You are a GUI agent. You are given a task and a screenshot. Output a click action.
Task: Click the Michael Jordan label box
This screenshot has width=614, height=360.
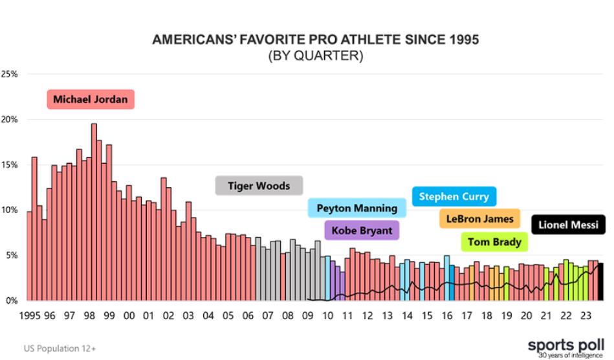point(91,100)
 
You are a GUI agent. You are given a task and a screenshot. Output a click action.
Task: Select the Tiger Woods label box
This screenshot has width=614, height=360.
point(259,186)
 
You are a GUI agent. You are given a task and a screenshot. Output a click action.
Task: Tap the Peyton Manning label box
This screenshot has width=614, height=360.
point(356,208)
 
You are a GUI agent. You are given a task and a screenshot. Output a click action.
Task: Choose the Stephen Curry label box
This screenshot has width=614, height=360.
point(454,196)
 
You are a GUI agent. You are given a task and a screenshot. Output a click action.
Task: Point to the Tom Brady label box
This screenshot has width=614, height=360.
point(494,242)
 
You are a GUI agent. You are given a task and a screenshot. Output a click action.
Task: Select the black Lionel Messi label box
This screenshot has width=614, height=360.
point(568,225)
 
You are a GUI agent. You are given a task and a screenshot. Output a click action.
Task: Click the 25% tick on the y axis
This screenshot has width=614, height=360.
point(10,74)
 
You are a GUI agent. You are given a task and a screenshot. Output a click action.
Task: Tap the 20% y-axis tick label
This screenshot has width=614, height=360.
point(10,119)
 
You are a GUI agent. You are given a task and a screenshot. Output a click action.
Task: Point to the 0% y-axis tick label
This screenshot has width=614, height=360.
point(12,300)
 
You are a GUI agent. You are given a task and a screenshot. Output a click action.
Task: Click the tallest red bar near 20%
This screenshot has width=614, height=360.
point(94,214)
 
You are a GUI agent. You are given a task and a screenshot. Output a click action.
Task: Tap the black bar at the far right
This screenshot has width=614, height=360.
point(601,282)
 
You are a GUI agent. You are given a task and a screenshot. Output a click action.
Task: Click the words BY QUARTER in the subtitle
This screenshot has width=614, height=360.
point(316,56)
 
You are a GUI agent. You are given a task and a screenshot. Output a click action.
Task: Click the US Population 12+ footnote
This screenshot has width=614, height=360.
point(60,348)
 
